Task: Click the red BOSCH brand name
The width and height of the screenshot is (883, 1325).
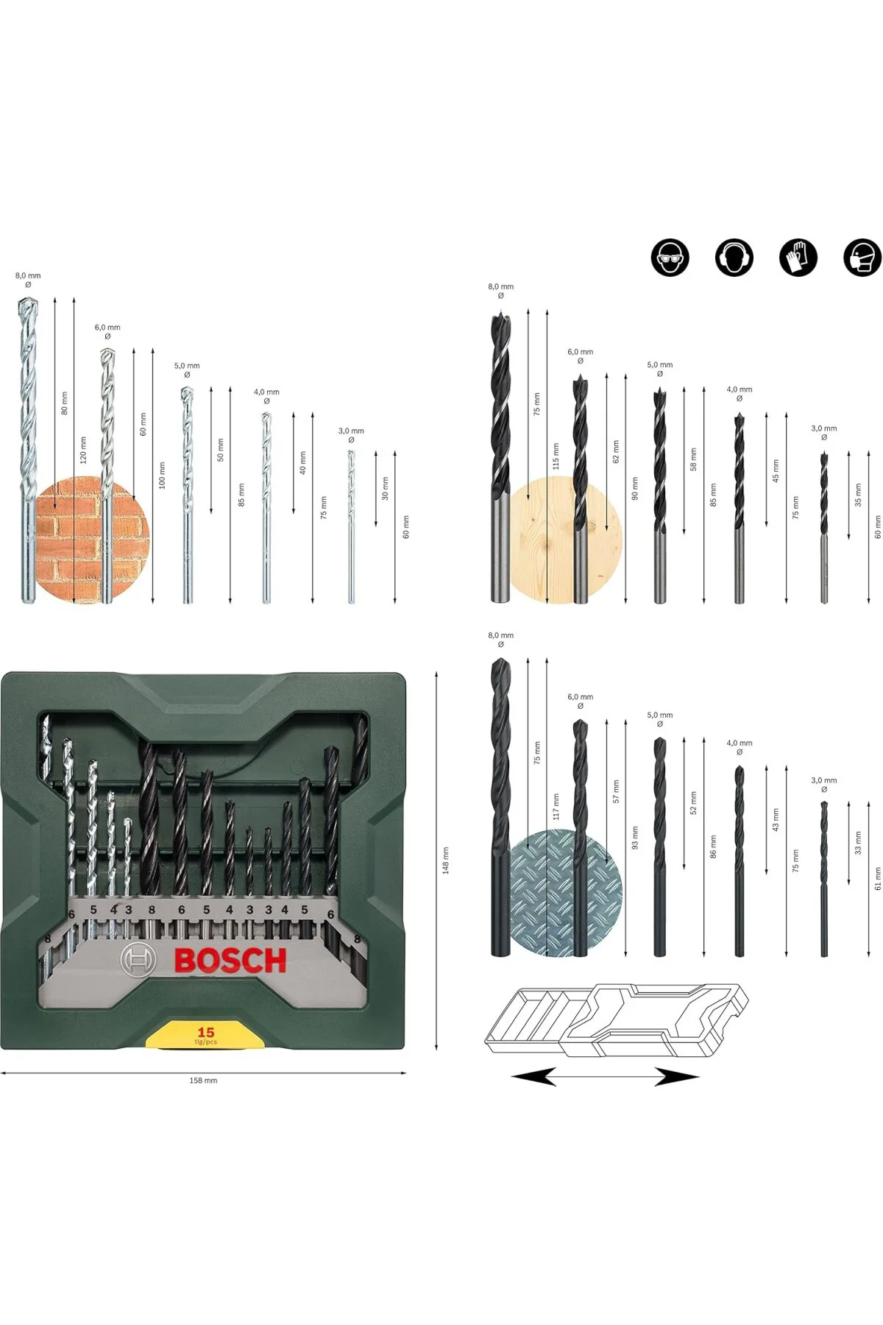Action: (x=230, y=961)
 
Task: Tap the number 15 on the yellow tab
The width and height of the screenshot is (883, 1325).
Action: (x=205, y=1032)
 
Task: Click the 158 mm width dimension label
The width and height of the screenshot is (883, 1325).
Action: (x=203, y=1081)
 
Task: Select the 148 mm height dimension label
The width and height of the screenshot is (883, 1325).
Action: (x=445, y=860)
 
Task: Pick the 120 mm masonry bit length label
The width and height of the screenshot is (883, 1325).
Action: (x=83, y=450)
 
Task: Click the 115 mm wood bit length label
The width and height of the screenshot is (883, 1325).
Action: (x=556, y=456)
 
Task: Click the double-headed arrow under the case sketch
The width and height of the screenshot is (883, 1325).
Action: (x=605, y=1078)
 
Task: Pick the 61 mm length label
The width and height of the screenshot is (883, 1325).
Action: (x=877, y=878)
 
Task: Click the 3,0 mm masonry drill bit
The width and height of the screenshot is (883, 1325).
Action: (x=351, y=526)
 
